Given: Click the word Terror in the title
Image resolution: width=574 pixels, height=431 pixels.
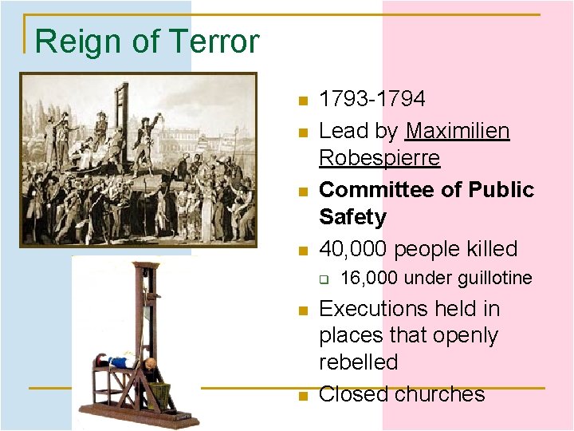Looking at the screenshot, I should coord(211,42).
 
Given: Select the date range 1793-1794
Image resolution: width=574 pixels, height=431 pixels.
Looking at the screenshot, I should coord(372,99).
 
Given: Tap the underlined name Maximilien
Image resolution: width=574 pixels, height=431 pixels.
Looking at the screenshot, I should coord(458,131).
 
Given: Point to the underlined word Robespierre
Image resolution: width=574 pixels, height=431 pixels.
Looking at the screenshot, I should coord(379,158).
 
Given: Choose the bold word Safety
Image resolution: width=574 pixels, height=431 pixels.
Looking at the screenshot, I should coord(352,217).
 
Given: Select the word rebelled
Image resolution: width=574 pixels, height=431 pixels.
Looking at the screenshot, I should coord(358,362).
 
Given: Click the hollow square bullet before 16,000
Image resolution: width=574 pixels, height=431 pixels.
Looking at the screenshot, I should coord(324,279).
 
